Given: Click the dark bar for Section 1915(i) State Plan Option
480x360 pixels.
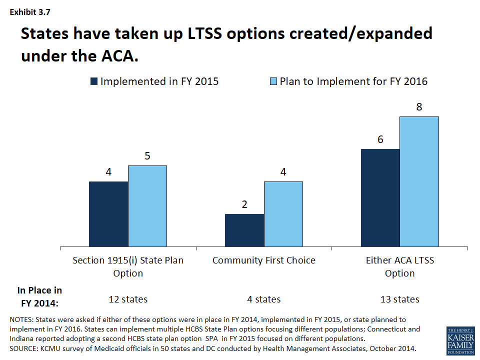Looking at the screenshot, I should (x=108, y=214).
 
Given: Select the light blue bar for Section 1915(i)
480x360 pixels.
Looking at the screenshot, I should (x=147, y=206).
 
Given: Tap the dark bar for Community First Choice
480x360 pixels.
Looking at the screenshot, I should (x=244, y=230).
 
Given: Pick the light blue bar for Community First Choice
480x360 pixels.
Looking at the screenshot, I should (x=283, y=214).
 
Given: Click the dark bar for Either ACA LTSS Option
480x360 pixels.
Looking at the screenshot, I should (x=380, y=197).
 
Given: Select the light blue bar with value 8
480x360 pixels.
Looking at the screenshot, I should (x=419, y=181).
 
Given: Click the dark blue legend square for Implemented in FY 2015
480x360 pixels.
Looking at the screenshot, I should (x=94, y=81).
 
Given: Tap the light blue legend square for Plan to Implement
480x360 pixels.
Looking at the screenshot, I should (x=272, y=81).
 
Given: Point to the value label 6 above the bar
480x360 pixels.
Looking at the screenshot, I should (x=380, y=139).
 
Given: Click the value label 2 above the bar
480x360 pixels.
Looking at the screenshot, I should (x=244, y=204).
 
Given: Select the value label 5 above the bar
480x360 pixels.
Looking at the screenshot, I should (x=147, y=156).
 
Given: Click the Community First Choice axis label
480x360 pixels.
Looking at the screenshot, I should (x=264, y=260).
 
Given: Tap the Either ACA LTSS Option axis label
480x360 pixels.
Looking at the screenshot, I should (x=400, y=266).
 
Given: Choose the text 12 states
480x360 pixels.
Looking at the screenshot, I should (x=128, y=299).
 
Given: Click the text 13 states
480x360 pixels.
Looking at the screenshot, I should (x=400, y=299).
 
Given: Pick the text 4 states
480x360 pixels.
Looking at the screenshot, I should (x=264, y=299).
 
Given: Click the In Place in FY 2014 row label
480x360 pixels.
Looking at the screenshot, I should (x=40, y=296).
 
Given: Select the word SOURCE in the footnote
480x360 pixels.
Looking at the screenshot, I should (x=24, y=348).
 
